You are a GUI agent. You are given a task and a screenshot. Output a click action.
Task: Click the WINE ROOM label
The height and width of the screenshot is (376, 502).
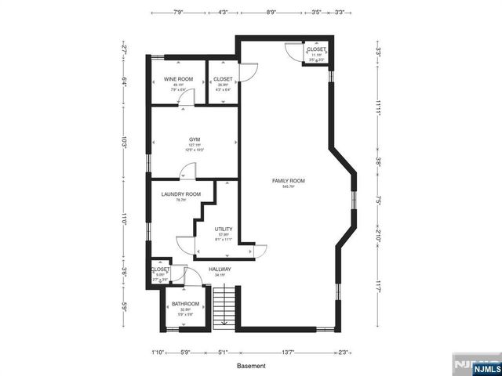pyautogui.click(x=178, y=79)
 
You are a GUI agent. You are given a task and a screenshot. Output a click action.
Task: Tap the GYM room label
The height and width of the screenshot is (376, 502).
pyautogui.click(x=194, y=139)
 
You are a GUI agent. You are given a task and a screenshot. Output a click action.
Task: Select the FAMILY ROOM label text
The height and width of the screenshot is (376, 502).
pyautogui.click(x=288, y=181)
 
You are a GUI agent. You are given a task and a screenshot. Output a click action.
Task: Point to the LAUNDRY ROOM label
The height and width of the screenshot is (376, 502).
pyautogui.click(x=180, y=194)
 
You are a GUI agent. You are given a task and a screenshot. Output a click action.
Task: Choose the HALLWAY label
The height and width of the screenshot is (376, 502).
pyautogui.click(x=220, y=269)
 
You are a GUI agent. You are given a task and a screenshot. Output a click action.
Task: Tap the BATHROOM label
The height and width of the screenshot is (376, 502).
pyautogui.click(x=186, y=304)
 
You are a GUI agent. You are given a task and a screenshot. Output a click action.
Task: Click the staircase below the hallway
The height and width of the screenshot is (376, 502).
pyautogui.click(x=226, y=305)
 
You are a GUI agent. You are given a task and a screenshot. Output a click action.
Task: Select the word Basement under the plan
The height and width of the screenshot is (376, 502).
pyautogui.click(x=251, y=366)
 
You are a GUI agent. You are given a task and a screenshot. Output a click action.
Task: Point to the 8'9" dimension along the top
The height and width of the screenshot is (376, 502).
pyautogui.click(x=271, y=13)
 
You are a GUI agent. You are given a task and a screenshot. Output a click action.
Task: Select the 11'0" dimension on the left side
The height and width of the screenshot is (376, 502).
pyautogui.click(x=124, y=222)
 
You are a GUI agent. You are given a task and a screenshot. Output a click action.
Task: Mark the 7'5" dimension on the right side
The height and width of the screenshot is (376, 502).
pyautogui.click(x=378, y=201)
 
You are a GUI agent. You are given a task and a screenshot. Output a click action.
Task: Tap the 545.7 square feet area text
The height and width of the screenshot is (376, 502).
pyautogui.click(x=288, y=187)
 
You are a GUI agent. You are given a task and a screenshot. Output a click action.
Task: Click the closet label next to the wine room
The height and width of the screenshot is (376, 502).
pyautogui.click(x=223, y=79)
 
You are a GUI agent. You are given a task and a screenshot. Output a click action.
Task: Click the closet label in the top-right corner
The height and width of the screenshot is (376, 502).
pyautogui.click(x=316, y=50)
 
